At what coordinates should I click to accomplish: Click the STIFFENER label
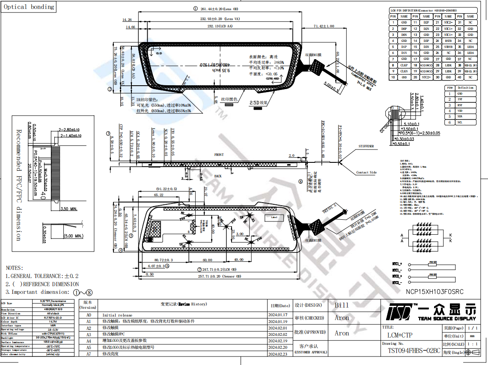[366, 147]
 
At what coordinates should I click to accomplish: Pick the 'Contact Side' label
[366, 173]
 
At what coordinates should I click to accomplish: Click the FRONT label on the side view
[219, 155]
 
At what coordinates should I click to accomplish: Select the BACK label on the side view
[218, 176]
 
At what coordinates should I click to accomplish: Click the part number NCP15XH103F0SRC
[434, 292]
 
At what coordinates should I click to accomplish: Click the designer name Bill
[342, 305]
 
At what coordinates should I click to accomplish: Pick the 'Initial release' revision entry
[117, 315]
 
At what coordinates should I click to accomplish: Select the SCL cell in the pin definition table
[460, 123]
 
